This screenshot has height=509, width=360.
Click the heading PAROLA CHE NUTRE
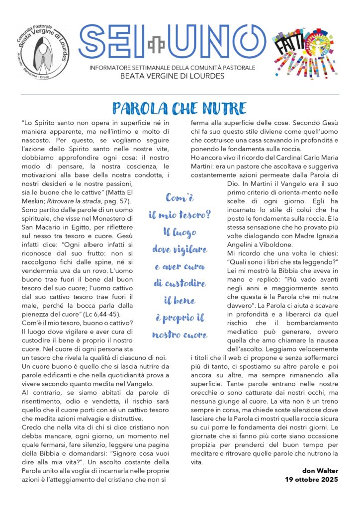coord(180,108)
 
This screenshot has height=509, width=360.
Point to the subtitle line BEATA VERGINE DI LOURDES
coord(173,76)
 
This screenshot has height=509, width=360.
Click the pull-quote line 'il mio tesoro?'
coord(180,215)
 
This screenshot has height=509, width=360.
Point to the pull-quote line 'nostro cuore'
coord(180,335)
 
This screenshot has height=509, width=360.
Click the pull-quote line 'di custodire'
coord(180,283)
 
